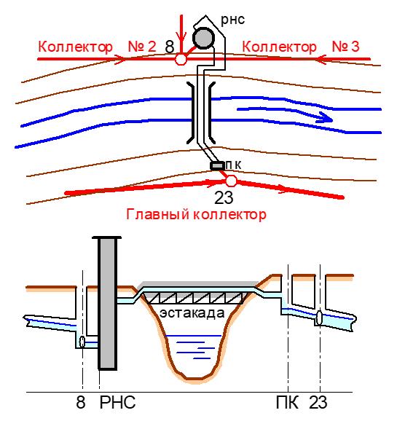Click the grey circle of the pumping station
(x=204, y=38)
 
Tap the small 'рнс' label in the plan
(x=232, y=20)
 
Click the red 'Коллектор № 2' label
(x=97, y=47)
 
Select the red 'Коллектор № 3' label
(x=301, y=47)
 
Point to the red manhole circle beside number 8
(x=181, y=59)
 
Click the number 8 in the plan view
(x=170, y=47)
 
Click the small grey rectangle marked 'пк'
(x=217, y=165)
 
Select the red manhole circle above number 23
(x=231, y=181)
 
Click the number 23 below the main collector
(x=224, y=198)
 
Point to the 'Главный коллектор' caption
(x=197, y=215)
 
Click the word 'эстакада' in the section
(x=192, y=313)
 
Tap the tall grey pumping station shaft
(x=108, y=304)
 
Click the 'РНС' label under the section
(x=118, y=402)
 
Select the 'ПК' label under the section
(x=287, y=402)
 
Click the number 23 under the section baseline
(x=318, y=402)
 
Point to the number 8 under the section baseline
(x=81, y=402)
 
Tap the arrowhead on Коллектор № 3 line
(x=321, y=59)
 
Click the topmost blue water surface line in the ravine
(x=193, y=336)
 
